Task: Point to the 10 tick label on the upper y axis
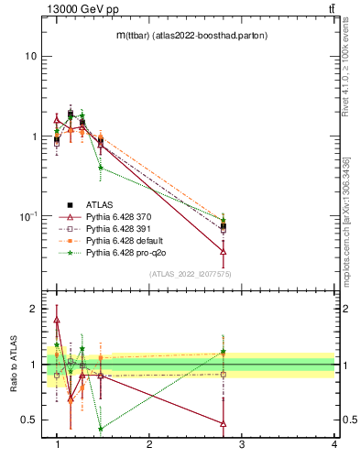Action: click(x=30, y=56)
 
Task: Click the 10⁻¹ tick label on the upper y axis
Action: click(x=27, y=216)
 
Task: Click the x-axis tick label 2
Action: click(x=149, y=444)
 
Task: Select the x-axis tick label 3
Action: click(x=242, y=444)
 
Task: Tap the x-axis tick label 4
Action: click(x=334, y=444)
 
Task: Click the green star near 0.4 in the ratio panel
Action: click(x=100, y=428)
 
